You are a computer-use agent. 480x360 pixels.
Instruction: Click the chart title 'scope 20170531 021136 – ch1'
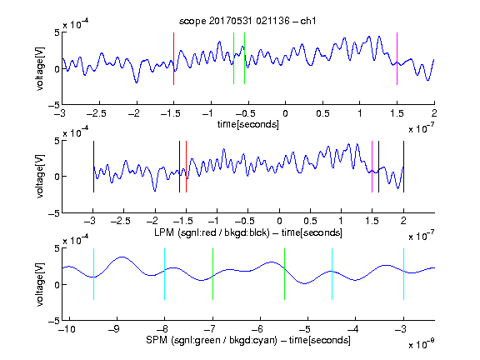pos(247,21)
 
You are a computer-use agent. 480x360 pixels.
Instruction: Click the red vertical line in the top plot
pos(173,58)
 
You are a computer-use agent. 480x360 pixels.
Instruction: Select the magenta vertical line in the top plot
pos(397,58)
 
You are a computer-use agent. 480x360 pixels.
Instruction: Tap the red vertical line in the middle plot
pos(186,167)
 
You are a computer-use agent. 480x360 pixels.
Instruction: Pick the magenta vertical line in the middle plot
pos(372,167)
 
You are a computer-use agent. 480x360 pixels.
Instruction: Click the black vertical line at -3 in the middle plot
pos(93,167)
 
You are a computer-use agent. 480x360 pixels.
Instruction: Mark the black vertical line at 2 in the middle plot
pos(404,167)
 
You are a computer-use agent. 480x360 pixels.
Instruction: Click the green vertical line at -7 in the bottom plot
pos(212,274)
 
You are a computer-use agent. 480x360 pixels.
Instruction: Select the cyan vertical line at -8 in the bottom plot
pos(165,274)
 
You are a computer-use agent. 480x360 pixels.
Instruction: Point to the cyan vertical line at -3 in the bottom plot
pos(404,274)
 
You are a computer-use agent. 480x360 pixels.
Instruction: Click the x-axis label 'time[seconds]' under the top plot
pos(248,124)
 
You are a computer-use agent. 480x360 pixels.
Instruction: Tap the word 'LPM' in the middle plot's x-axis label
pos(164,232)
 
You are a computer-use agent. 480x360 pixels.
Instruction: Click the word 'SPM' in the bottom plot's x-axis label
pos(157,340)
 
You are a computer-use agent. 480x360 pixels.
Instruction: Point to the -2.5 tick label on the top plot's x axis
pos(97,113)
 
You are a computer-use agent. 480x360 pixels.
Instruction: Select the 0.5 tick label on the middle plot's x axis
pos(310,221)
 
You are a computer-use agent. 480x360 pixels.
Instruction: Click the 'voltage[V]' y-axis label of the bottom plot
pos(40,284)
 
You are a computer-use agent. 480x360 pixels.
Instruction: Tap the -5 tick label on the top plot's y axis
pos(54,105)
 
